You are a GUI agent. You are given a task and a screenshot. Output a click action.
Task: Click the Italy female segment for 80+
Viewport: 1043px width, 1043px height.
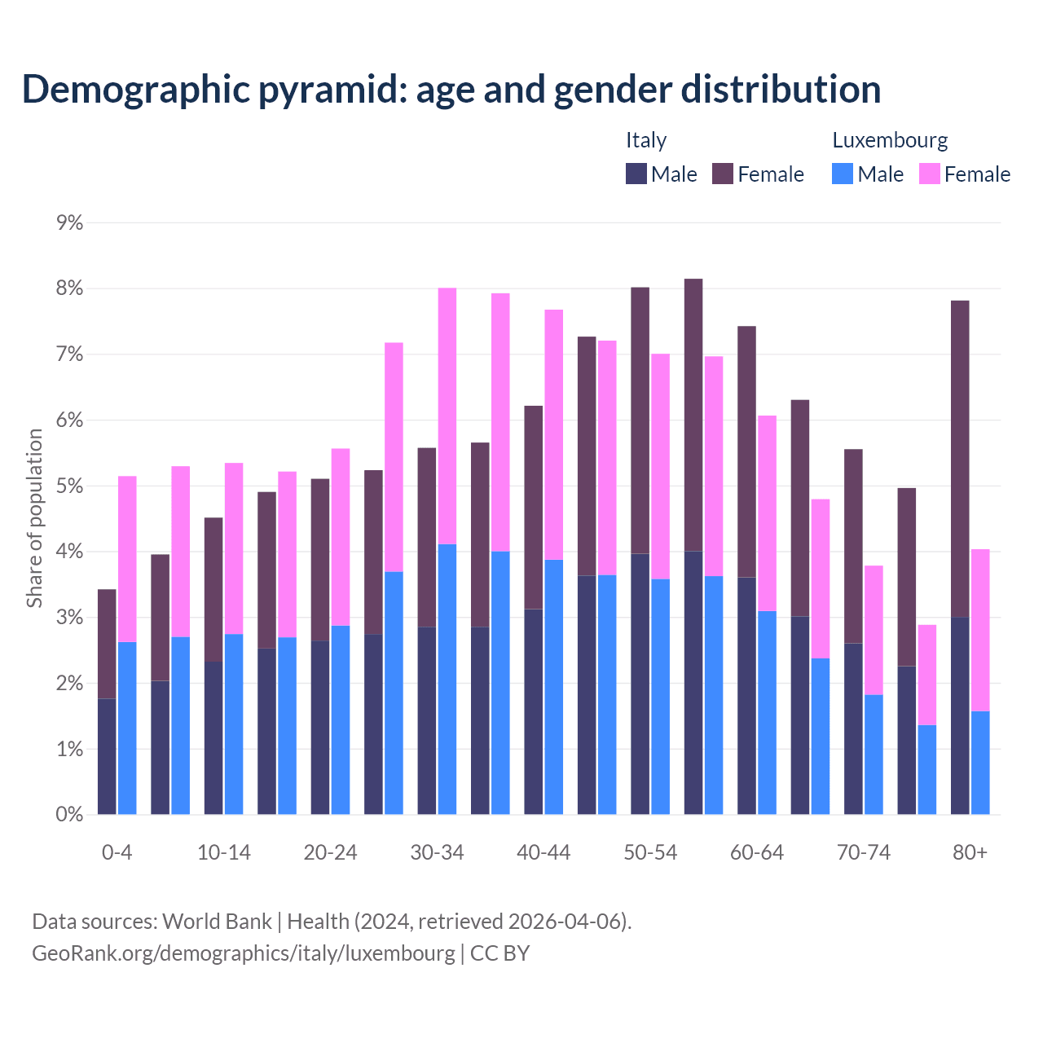coord(960,459)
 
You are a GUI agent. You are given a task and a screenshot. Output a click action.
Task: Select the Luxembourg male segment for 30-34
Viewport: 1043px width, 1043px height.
coord(447,679)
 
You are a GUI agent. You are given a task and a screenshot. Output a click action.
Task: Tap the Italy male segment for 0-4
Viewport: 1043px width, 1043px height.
coord(107,756)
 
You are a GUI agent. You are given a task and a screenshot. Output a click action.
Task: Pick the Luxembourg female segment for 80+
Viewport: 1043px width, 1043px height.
coord(980,630)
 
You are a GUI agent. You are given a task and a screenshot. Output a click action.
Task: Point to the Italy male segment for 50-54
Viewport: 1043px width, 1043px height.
coord(640,684)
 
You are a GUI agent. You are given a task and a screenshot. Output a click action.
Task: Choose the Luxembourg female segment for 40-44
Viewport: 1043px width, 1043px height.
coord(554,434)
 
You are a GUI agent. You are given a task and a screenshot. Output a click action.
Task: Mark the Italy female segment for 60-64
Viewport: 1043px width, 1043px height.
coord(746,451)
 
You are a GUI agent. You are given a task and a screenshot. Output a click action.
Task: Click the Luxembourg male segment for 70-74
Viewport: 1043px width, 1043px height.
coord(874,754)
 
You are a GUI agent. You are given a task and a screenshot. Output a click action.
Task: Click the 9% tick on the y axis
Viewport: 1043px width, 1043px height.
coord(70,222)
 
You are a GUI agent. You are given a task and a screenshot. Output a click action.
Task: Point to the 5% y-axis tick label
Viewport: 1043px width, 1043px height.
coord(70,486)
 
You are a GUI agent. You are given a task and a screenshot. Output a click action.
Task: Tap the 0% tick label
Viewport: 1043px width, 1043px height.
coord(70,815)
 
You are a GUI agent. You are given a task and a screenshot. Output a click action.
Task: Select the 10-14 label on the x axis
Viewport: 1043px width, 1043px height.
coord(224,853)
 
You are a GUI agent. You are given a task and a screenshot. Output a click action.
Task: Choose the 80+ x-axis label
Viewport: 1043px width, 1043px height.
coord(970,853)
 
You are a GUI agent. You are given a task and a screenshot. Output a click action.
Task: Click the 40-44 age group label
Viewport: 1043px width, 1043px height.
coord(544,853)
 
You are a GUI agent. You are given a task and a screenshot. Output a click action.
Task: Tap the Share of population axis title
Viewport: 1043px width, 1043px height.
coord(35,518)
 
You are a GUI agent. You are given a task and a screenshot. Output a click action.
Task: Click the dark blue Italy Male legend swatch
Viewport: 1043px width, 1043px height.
coord(636,174)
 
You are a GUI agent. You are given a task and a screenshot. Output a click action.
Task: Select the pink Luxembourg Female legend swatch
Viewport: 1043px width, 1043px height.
coord(929,174)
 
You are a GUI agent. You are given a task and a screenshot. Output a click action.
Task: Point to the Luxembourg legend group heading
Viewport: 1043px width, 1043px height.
coord(890,140)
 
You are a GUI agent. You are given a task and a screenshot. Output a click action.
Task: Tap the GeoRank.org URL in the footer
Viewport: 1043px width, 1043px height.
coord(243,953)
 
